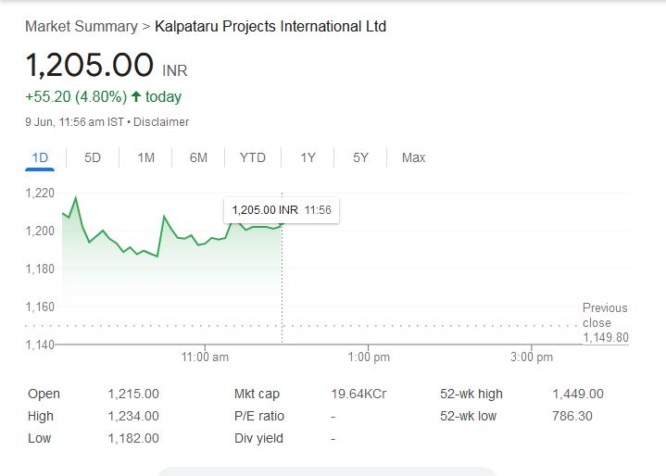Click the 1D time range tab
tap(40, 157)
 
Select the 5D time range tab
tap(93, 157)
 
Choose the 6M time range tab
tap(198, 157)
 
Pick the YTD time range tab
tap(252, 157)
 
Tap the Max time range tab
tap(413, 157)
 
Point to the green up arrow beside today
tap(136, 97)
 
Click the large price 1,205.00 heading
tap(89, 65)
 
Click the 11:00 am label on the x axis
tap(205, 357)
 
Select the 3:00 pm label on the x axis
tap(532, 357)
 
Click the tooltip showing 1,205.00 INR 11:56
tap(281, 210)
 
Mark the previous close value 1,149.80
tap(605, 338)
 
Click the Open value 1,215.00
tap(133, 395)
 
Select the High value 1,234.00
tap(133, 417)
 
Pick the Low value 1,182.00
tap(133, 439)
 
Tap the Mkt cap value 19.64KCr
tap(358, 395)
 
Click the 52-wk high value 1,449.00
tap(577, 395)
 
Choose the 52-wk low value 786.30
tap(572, 417)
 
